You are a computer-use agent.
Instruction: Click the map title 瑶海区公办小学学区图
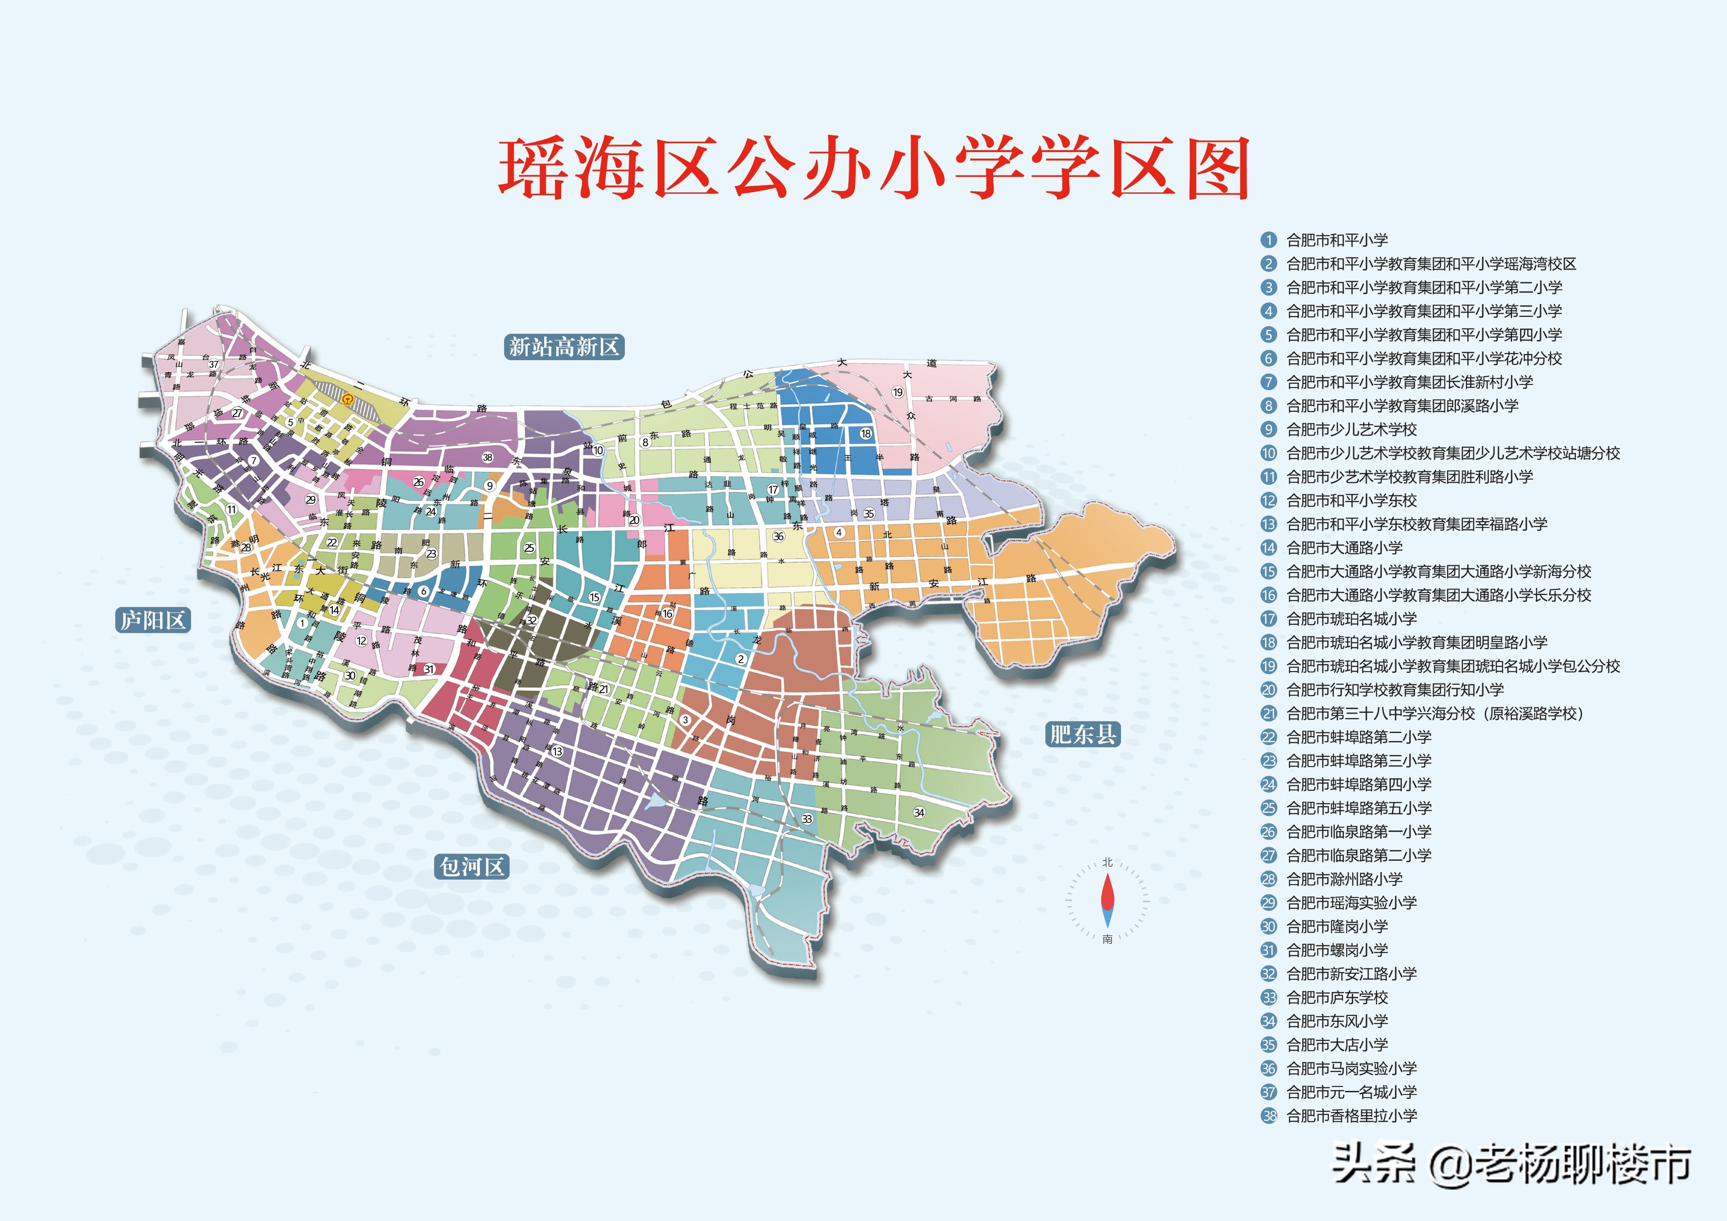[x=874, y=169]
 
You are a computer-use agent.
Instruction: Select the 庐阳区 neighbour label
[x=153, y=620]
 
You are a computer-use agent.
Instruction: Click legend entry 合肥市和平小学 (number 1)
[x=1337, y=240]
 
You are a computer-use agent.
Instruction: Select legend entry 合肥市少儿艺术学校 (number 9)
[x=1351, y=430]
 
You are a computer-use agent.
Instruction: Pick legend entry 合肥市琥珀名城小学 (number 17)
[x=1351, y=619]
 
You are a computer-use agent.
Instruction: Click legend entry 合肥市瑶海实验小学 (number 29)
[x=1351, y=903]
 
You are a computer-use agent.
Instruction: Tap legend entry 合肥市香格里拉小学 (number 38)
[x=1351, y=1116]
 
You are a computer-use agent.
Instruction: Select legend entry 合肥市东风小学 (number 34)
[x=1337, y=1021]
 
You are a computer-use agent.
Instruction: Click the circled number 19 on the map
[x=897, y=392]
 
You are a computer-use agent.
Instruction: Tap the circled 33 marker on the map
[x=807, y=819]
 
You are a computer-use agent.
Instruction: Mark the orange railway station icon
[x=347, y=400]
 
